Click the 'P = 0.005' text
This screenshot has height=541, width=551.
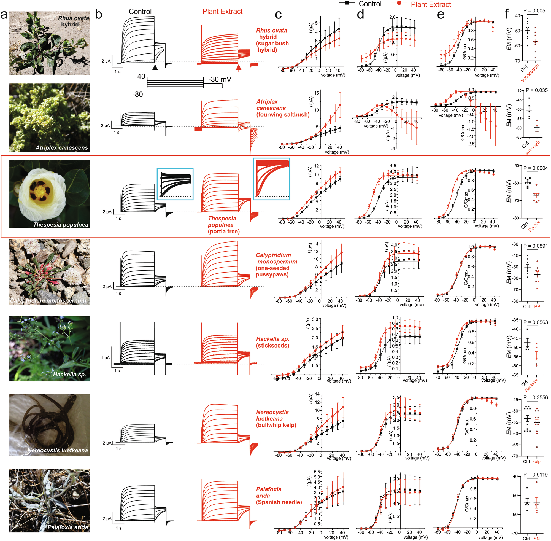(534, 11)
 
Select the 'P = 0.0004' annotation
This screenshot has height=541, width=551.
(535, 168)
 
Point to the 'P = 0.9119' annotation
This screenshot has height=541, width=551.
(535, 475)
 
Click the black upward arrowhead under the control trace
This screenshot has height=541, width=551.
(155, 67)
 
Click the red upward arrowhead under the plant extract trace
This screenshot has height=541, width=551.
(239, 67)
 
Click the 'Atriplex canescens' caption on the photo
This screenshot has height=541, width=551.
(62, 148)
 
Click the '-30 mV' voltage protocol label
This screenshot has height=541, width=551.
(220, 79)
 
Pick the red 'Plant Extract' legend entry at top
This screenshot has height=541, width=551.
(431, 4)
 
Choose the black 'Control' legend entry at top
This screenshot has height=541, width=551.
(370, 4)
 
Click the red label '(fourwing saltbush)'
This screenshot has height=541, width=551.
(283, 114)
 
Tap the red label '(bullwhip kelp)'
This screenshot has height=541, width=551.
(276, 425)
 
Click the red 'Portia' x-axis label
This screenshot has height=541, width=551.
(534, 226)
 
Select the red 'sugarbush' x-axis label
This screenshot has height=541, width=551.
(530, 73)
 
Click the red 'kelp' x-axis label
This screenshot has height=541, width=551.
(536, 462)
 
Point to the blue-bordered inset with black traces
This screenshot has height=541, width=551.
(175, 184)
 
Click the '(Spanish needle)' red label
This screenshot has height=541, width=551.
(279, 502)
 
